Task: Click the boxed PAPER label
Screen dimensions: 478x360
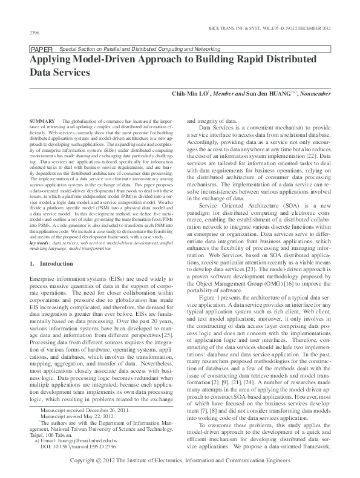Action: [38, 49]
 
